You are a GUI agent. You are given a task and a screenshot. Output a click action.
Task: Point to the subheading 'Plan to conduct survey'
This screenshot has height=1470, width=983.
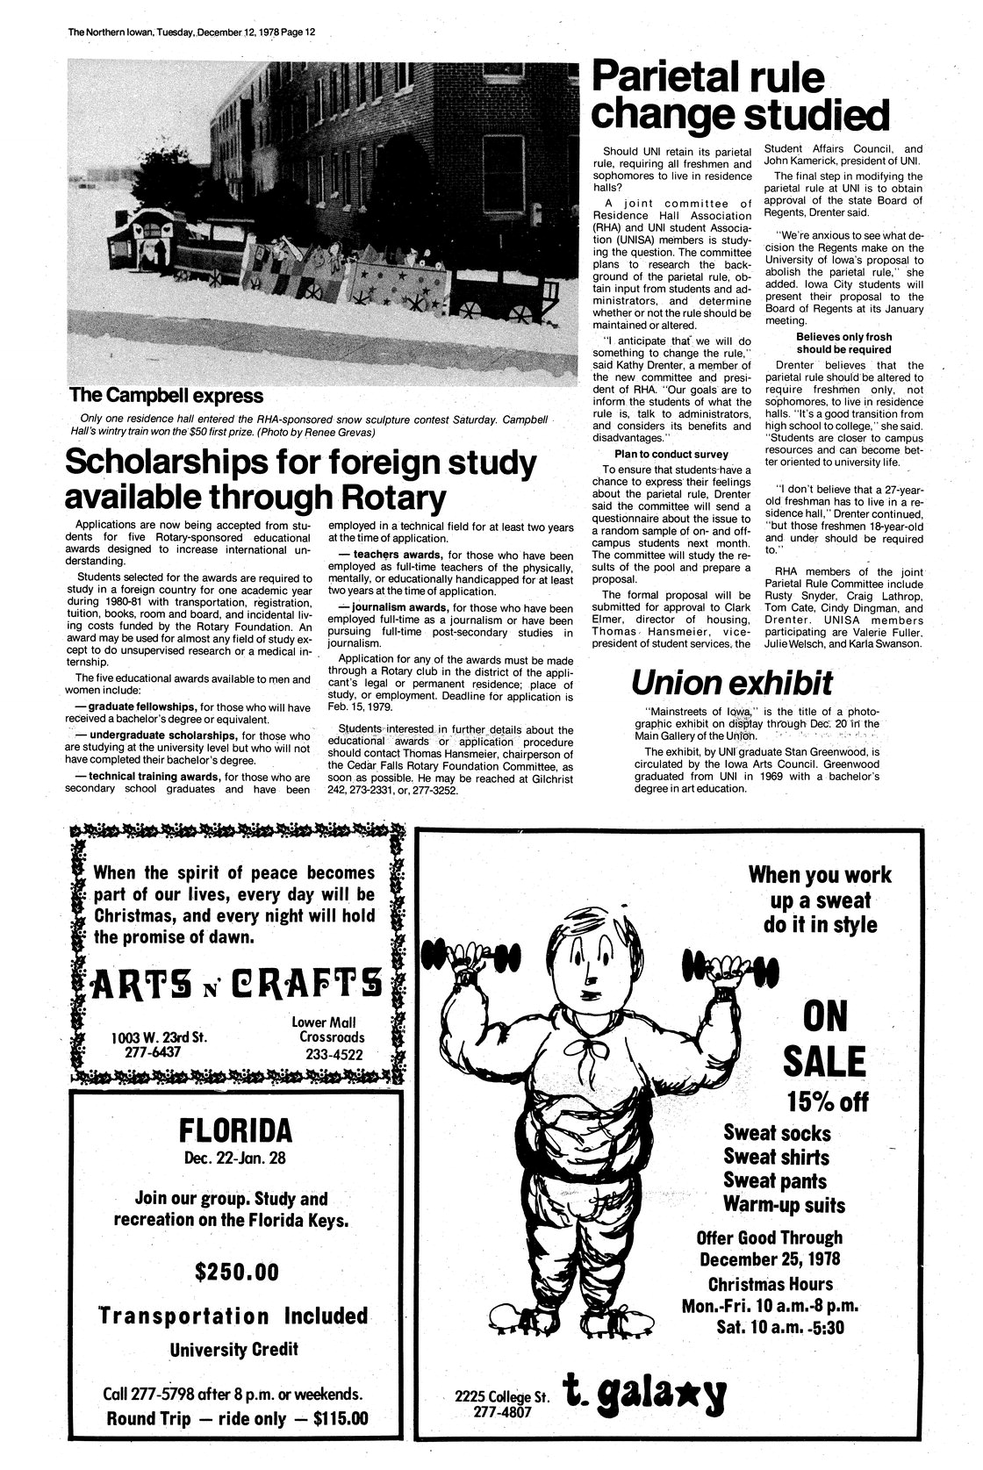(x=671, y=454)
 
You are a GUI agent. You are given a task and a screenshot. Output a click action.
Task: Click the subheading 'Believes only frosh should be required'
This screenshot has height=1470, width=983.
(x=843, y=343)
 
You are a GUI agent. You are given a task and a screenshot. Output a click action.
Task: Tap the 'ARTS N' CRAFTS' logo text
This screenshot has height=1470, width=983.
(x=236, y=978)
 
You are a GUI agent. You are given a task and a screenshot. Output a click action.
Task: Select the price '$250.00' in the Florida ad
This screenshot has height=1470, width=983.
(x=234, y=1271)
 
